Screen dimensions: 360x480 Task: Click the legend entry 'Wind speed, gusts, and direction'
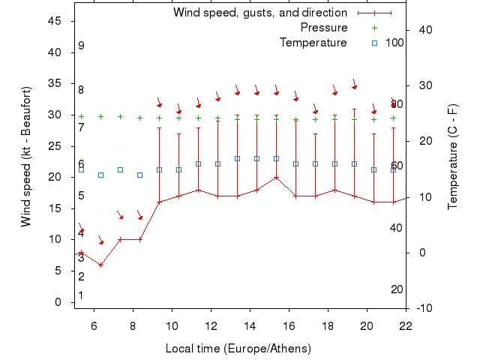tap(259, 13)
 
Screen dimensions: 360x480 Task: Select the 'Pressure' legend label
tap(323, 28)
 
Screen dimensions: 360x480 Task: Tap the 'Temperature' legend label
tap(313, 43)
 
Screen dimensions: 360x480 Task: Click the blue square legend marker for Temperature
tap(374, 43)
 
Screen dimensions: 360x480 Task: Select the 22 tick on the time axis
tap(406, 325)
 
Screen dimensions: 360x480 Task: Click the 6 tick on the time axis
tap(94, 325)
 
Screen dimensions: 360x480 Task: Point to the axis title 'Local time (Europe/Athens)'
tap(238, 349)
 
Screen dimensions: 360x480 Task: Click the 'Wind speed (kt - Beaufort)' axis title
tap(27, 156)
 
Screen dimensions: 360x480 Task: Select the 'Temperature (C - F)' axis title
tap(453, 156)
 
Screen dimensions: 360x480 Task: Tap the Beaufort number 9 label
tap(81, 46)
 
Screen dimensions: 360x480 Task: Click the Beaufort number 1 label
tap(81, 295)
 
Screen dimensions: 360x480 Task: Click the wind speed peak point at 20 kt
tap(276, 178)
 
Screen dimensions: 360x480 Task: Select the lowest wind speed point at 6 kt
tap(100, 265)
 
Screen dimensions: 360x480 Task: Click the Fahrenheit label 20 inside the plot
tap(397, 289)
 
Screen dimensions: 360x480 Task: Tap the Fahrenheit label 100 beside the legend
tap(394, 43)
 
